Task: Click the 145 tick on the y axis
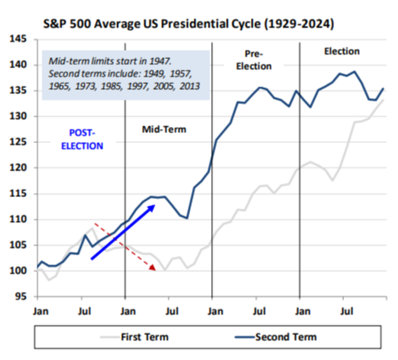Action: [18, 39]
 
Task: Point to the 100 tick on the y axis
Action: [18, 270]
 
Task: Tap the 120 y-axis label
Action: [18, 167]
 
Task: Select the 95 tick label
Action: [21, 297]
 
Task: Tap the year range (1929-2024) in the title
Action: [299, 24]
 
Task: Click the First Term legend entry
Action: [135, 337]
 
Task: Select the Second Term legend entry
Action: [276, 337]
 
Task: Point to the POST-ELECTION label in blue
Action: [82, 140]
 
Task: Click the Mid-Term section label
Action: [164, 130]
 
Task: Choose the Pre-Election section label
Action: [253, 60]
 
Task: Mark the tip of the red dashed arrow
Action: [155, 269]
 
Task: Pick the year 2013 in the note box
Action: [189, 86]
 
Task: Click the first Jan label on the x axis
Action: [41, 311]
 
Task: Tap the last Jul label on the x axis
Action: [346, 311]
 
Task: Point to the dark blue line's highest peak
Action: [354, 72]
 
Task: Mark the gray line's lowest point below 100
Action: [49, 280]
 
